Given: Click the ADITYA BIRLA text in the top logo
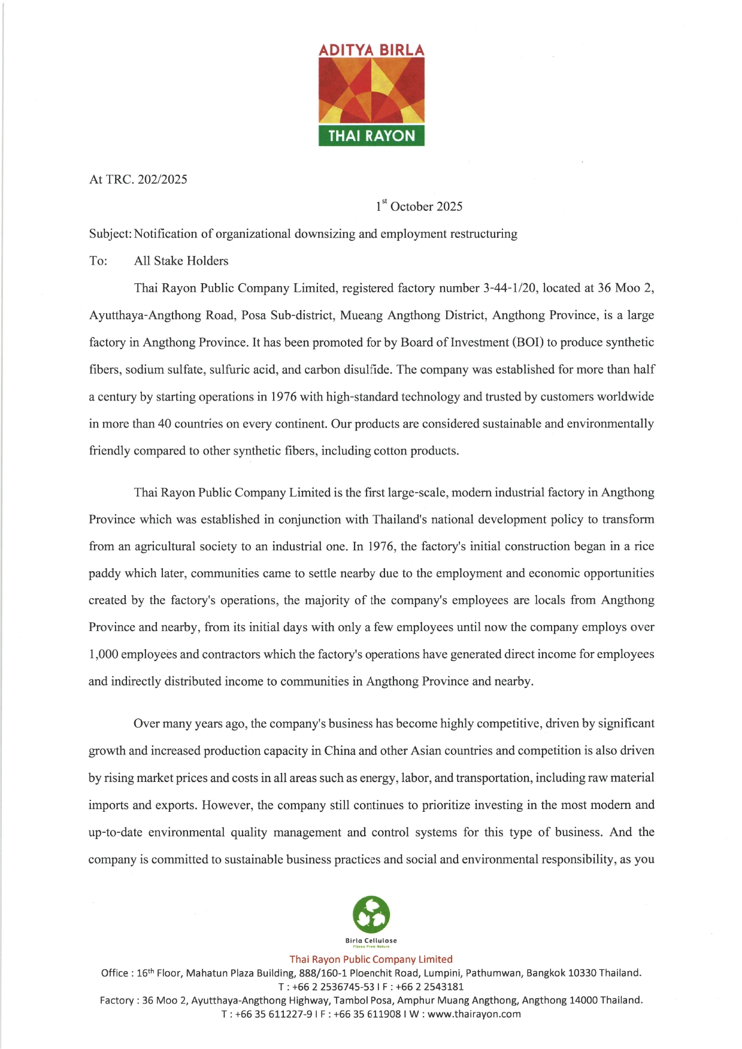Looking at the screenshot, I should (371, 50).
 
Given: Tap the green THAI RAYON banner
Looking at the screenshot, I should (371, 135).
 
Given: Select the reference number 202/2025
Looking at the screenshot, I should (162, 180).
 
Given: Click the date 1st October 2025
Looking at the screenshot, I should (419, 207).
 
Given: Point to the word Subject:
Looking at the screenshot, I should (110, 234).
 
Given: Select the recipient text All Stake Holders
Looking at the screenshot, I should (181, 261).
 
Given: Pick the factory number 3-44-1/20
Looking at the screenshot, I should (509, 288).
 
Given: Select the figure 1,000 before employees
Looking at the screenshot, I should (103, 654).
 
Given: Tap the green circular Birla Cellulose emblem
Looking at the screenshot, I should (371, 914).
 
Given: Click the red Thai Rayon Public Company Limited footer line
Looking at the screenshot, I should (371, 959).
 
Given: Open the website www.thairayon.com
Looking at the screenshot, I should (474, 1014).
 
